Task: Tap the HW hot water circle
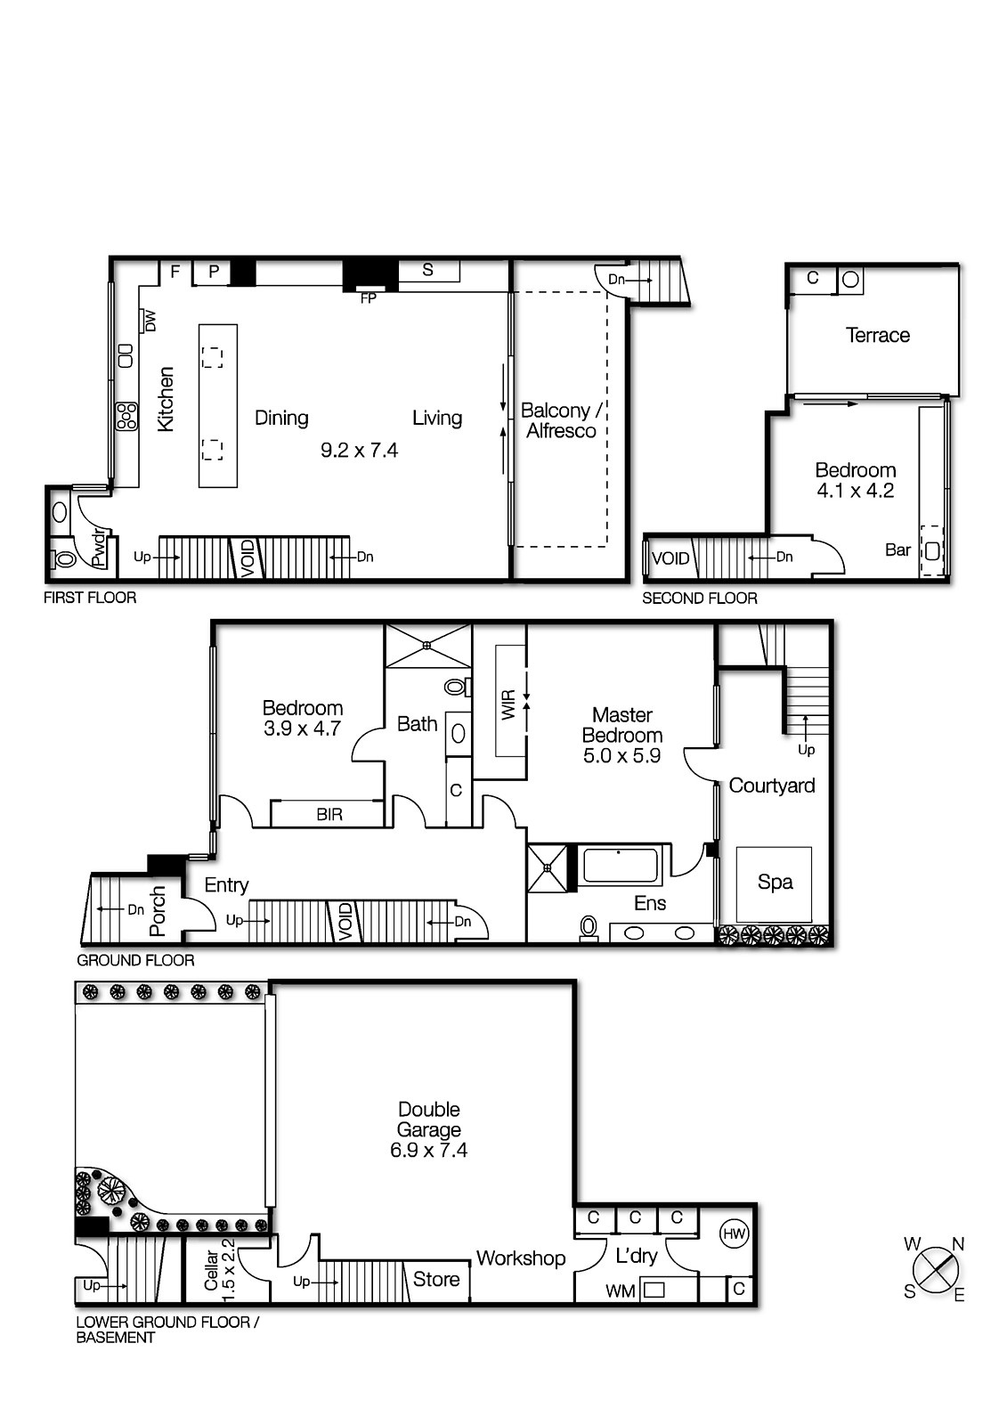[x=734, y=1234]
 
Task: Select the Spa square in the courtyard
[x=774, y=883]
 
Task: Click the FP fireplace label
[x=368, y=298]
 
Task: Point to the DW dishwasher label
[x=150, y=321]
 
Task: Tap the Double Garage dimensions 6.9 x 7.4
[x=428, y=1151]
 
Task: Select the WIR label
[x=508, y=705]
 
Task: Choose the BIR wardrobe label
[x=329, y=815]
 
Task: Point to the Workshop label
[x=521, y=1258]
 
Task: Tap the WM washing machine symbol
[x=654, y=1289]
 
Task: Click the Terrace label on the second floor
[x=877, y=336]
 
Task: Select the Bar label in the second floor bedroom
[x=897, y=550]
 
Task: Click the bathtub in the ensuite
[x=620, y=866]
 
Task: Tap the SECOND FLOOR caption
[x=699, y=598]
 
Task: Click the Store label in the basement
[x=436, y=1280]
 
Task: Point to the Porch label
[x=158, y=910]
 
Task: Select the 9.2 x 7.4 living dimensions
[x=359, y=451]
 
